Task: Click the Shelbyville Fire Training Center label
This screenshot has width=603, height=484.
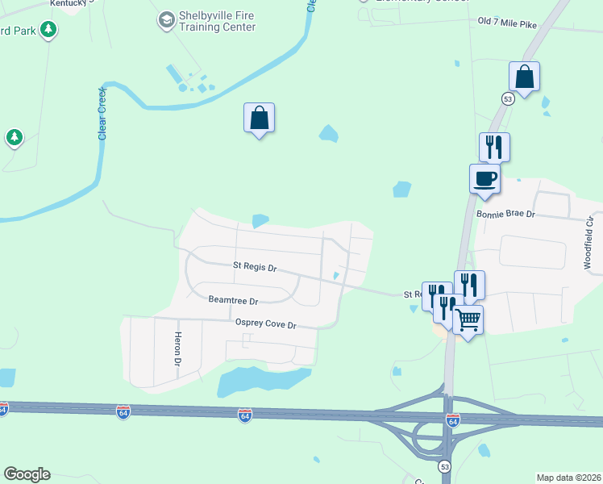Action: [218, 22]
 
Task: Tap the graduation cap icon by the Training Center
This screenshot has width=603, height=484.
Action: [167, 19]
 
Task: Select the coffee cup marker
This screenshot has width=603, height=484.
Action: [484, 178]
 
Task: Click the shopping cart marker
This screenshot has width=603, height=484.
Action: [468, 320]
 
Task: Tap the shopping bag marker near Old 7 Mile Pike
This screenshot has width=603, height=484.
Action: [524, 77]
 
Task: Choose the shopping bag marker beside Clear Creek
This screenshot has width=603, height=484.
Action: [259, 118]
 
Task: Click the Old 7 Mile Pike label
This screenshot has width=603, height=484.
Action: [507, 24]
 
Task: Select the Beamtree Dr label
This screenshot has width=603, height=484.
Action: [233, 300]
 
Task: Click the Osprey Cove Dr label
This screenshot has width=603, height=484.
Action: [266, 324]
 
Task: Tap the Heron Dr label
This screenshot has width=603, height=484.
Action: [177, 348]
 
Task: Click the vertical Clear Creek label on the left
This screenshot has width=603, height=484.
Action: [102, 114]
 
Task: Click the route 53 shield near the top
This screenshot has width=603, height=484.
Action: [507, 98]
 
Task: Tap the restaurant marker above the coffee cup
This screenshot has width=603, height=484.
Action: [494, 147]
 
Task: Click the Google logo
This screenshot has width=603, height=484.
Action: [27, 474]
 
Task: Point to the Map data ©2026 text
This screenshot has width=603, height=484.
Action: [569, 477]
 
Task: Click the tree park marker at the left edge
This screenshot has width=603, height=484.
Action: [14, 138]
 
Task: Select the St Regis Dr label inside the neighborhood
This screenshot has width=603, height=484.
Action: [254, 266]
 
